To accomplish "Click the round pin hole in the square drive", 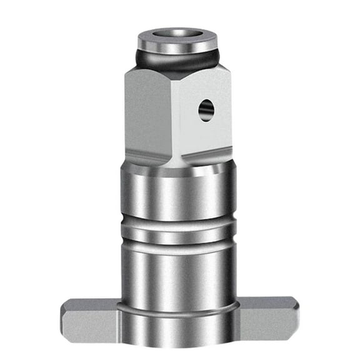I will pos(206,111).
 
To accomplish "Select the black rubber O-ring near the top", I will pos(180,61).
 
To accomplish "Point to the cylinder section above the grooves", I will pos(180,194).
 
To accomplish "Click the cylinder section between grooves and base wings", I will pos(180,275).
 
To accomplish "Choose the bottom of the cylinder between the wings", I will pos(180,334).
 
